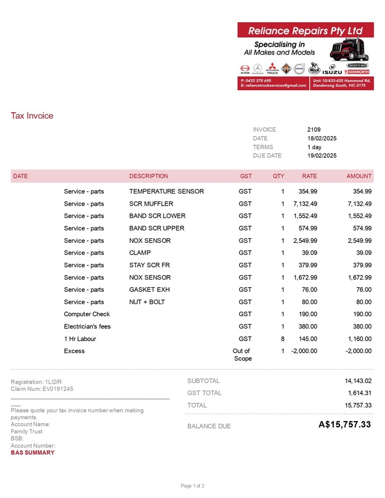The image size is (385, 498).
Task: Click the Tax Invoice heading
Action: click(x=32, y=115)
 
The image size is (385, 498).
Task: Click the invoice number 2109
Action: click(x=313, y=129)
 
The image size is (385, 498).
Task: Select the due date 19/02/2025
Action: click(x=322, y=156)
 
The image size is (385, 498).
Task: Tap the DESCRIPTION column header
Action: click(x=148, y=176)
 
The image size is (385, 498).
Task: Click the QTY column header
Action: click(x=278, y=176)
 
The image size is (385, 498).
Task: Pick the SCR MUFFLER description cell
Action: click(x=151, y=203)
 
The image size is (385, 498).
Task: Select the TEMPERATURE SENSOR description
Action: click(x=167, y=191)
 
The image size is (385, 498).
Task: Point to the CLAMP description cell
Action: click(x=140, y=253)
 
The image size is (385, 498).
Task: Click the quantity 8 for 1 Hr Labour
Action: click(x=283, y=339)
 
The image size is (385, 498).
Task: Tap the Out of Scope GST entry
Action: click(x=241, y=354)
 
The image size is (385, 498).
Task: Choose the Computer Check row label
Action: click(x=87, y=314)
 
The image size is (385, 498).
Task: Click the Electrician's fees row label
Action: click(x=87, y=326)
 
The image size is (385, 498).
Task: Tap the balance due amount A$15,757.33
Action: click(x=345, y=424)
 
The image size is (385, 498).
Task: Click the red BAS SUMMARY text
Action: click(x=32, y=452)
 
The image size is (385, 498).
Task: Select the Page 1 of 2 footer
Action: click(x=192, y=486)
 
